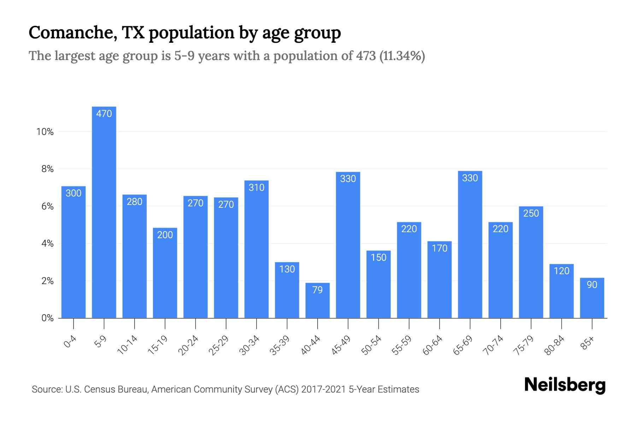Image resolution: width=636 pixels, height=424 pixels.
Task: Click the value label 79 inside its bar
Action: point(317,290)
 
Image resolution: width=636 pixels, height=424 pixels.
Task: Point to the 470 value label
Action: point(104,114)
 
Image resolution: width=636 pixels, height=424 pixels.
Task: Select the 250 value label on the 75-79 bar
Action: point(531,213)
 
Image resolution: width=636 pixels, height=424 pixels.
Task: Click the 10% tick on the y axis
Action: point(45,132)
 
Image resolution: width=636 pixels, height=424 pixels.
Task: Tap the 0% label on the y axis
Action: point(47,318)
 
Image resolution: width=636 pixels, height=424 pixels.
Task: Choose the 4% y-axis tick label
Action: point(47,243)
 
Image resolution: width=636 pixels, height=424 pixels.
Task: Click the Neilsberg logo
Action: point(565,385)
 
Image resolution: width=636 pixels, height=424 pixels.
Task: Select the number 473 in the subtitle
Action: point(366,56)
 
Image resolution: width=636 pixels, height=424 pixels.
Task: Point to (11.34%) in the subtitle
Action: point(402,56)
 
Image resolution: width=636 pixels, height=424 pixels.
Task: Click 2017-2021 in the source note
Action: point(323,389)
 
